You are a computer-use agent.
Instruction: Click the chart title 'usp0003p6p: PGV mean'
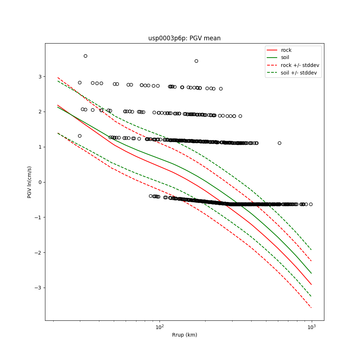pos(184,38)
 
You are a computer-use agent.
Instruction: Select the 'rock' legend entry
pos(286,50)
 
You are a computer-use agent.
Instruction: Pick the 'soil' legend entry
pos(285,58)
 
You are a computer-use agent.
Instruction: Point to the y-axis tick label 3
pos(40,77)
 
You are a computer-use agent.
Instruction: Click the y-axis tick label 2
pos(40,112)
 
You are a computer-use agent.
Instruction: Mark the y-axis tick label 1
pos(40,147)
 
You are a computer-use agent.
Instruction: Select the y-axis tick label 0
pos(40,182)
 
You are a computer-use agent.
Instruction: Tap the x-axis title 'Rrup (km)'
pos(184,335)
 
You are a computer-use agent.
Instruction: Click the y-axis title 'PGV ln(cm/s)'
pos(30,182)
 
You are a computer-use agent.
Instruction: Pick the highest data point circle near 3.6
pos(85,56)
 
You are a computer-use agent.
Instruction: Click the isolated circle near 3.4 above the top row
pos(196,61)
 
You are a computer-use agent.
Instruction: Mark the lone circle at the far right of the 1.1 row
pos(279,143)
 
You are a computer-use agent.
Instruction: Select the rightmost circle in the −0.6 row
pos(311,204)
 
